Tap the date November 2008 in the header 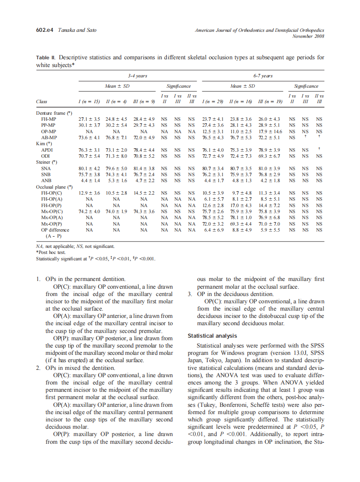pyautogui.click(x=308, y=36)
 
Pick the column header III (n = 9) pyautogui.click(x=144, y=102)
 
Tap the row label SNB pyautogui.click(x=46, y=175)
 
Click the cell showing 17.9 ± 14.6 pyautogui.click(x=268, y=132)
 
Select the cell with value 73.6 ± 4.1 pyautogui.click(x=89, y=138)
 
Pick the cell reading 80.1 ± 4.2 pyautogui.click(x=89, y=169)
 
